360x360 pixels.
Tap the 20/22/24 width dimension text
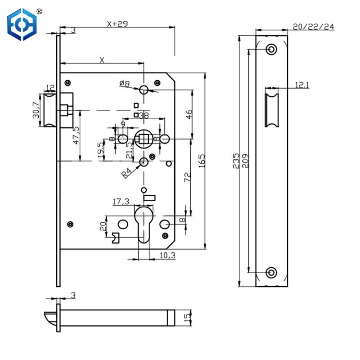pyautogui.click(x=313, y=27)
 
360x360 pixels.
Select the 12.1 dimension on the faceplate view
pyautogui.click(x=302, y=85)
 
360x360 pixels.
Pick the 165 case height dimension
pyautogui.click(x=201, y=161)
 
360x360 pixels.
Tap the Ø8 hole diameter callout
pyautogui.click(x=124, y=84)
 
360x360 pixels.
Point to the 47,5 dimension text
pyautogui.click(x=76, y=135)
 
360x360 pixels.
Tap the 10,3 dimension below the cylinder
pyautogui.click(x=167, y=256)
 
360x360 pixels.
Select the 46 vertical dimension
pyautogui.click(x=189, y=115)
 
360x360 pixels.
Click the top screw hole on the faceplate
pyautogui.click(x=271, y=49)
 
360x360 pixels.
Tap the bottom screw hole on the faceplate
pyautogui.click(x=271, y=272)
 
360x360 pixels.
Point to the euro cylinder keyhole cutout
pyautogui.click(x=143, y=225)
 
